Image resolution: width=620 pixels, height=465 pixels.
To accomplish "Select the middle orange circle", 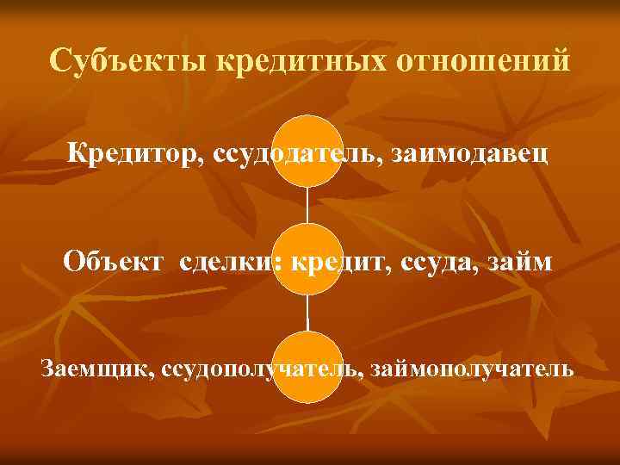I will (307, 258).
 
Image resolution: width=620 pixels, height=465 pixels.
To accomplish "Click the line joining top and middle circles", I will (307, 205).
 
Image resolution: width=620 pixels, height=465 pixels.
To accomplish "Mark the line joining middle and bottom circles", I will (307, 314).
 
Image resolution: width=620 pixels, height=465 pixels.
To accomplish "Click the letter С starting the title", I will (59, 62).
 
